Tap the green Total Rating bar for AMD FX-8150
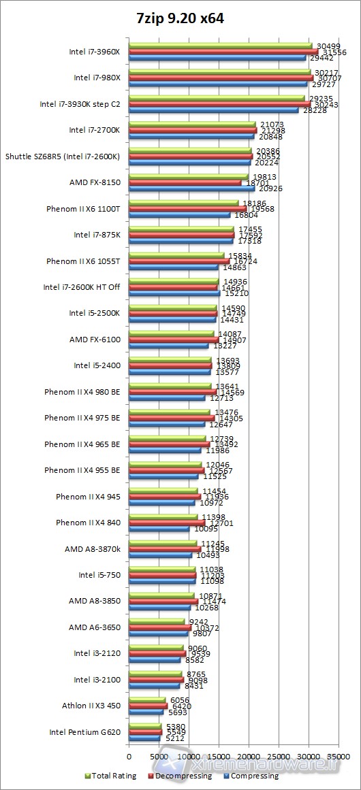coord(189,177)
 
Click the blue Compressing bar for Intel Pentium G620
coord(144,738)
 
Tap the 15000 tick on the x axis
coord(219,755)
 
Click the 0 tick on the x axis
coord(129,755)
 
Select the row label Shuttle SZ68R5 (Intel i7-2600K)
coord(63,157)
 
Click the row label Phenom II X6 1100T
coord(83,208)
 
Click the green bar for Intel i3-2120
coord(156,648)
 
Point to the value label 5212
coord(175,738)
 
